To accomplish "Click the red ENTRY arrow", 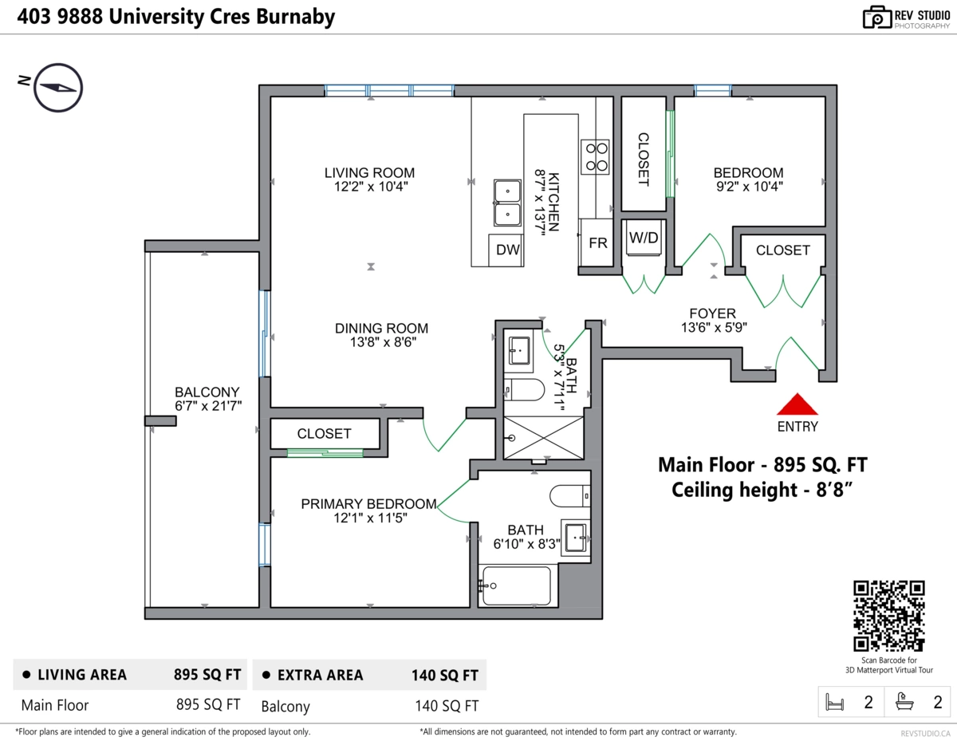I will point(797,405).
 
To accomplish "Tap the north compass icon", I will point(58,87).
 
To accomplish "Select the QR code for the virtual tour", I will point(889,615).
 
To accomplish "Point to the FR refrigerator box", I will point(597,243).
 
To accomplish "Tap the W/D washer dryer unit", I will point(643,238).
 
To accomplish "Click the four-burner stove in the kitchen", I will point(595,156).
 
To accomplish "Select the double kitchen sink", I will point(507,203).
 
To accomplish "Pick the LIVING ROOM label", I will point(369,172).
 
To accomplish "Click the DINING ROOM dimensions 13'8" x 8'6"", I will point(381,342).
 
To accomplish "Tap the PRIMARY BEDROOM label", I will point(368,503).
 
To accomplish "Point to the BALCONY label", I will point(207,392).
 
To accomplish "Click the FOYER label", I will point(713,313).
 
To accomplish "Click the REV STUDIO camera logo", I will point(876,18).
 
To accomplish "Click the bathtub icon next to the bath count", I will point(905,702).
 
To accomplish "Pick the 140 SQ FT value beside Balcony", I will point(447,705).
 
